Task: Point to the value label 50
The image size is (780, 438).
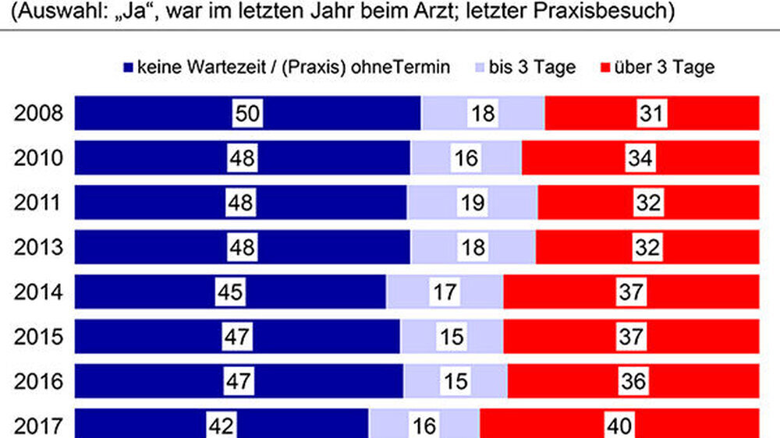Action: (x=247, y=114)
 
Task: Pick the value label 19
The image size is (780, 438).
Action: (x=471, y=203)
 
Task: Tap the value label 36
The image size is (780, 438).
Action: (x=633, y=382)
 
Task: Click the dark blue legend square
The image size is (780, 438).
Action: (x=128, y=68)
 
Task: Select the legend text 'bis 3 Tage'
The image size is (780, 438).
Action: (x=532, y=67)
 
